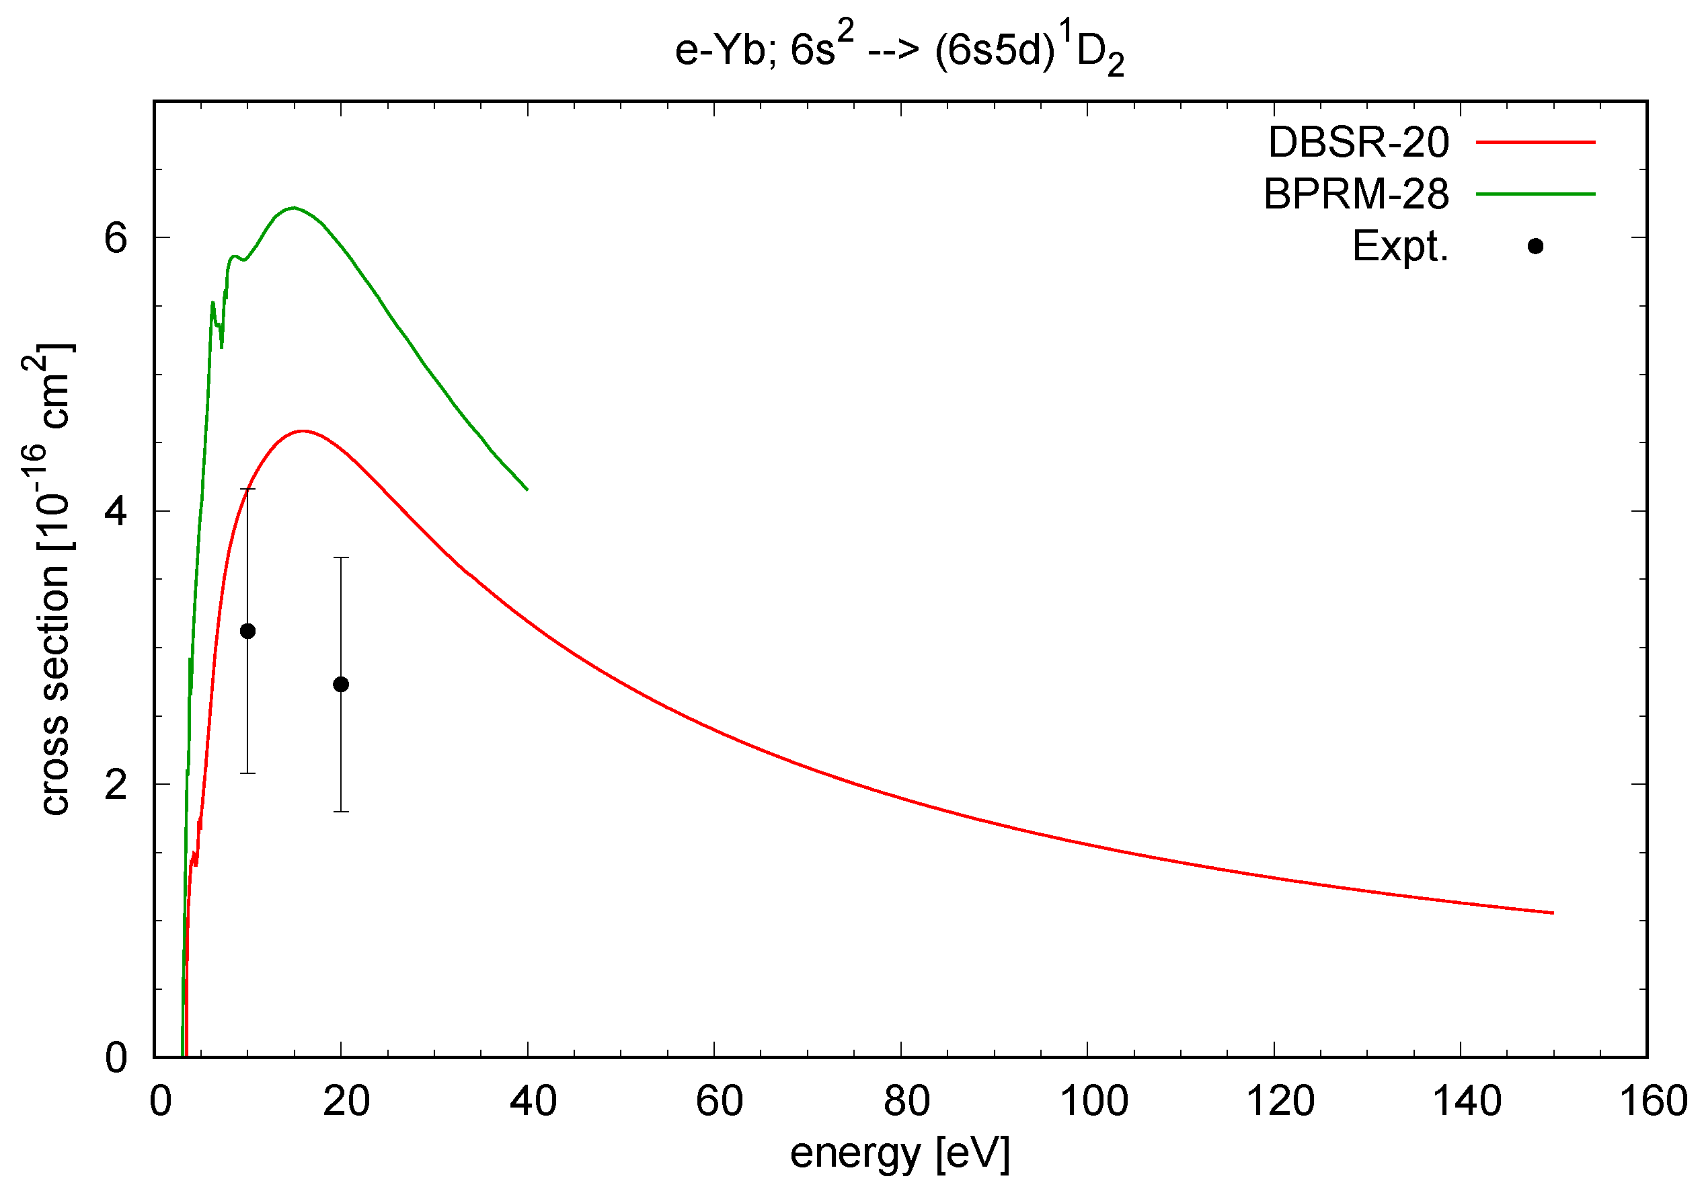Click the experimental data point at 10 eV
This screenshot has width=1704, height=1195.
[248, 631]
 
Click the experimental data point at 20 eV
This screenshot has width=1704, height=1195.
[341, 684]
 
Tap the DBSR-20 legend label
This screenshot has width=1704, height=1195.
[1358, 142]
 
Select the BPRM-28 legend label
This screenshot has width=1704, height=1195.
[1355, 194]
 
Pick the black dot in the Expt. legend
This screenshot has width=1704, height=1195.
[1535, 246]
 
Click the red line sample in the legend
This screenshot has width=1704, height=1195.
[1535, 142]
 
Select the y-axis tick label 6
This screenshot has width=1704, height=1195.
[116, 238]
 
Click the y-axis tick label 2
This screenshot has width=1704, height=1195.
[116, 785]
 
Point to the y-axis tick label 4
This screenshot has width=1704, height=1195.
[116, 511]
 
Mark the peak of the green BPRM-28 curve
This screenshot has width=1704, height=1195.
[294, 207]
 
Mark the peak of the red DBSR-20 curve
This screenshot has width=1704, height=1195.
[303, 430]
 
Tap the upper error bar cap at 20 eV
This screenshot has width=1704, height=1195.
[341, 557]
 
